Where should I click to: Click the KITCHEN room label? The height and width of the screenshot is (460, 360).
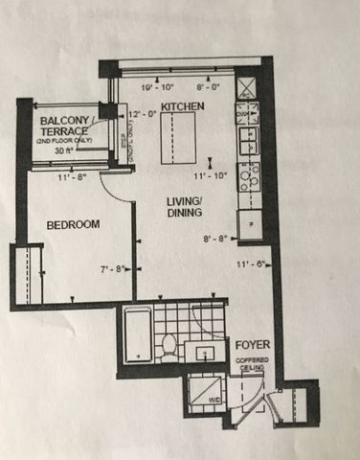tap(181, 105)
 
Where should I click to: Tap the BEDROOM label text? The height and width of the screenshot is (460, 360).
tap(74, 224)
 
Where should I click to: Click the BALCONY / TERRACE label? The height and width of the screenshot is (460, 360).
tap(65, 126)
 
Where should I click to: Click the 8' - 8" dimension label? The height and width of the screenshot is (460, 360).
tap(217, 240)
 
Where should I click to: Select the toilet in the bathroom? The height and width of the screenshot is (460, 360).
tap(167, 344)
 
